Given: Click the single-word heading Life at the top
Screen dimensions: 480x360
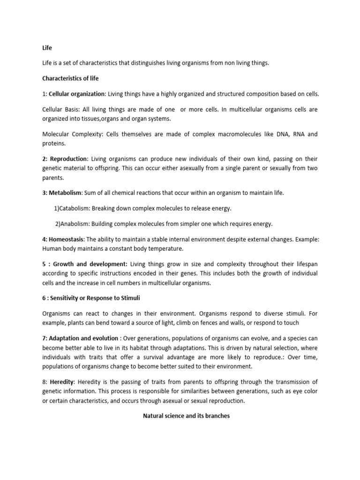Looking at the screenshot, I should pos(46,48).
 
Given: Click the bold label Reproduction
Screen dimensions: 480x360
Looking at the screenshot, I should pos(68,159).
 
